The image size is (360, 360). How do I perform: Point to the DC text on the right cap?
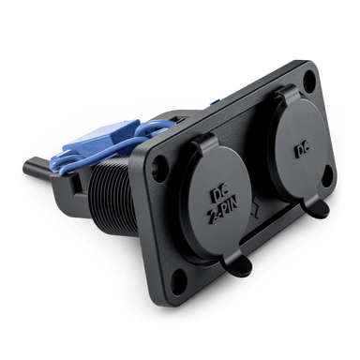click(x=301, y=151)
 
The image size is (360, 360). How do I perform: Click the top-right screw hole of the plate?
click(x=309, y=77)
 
